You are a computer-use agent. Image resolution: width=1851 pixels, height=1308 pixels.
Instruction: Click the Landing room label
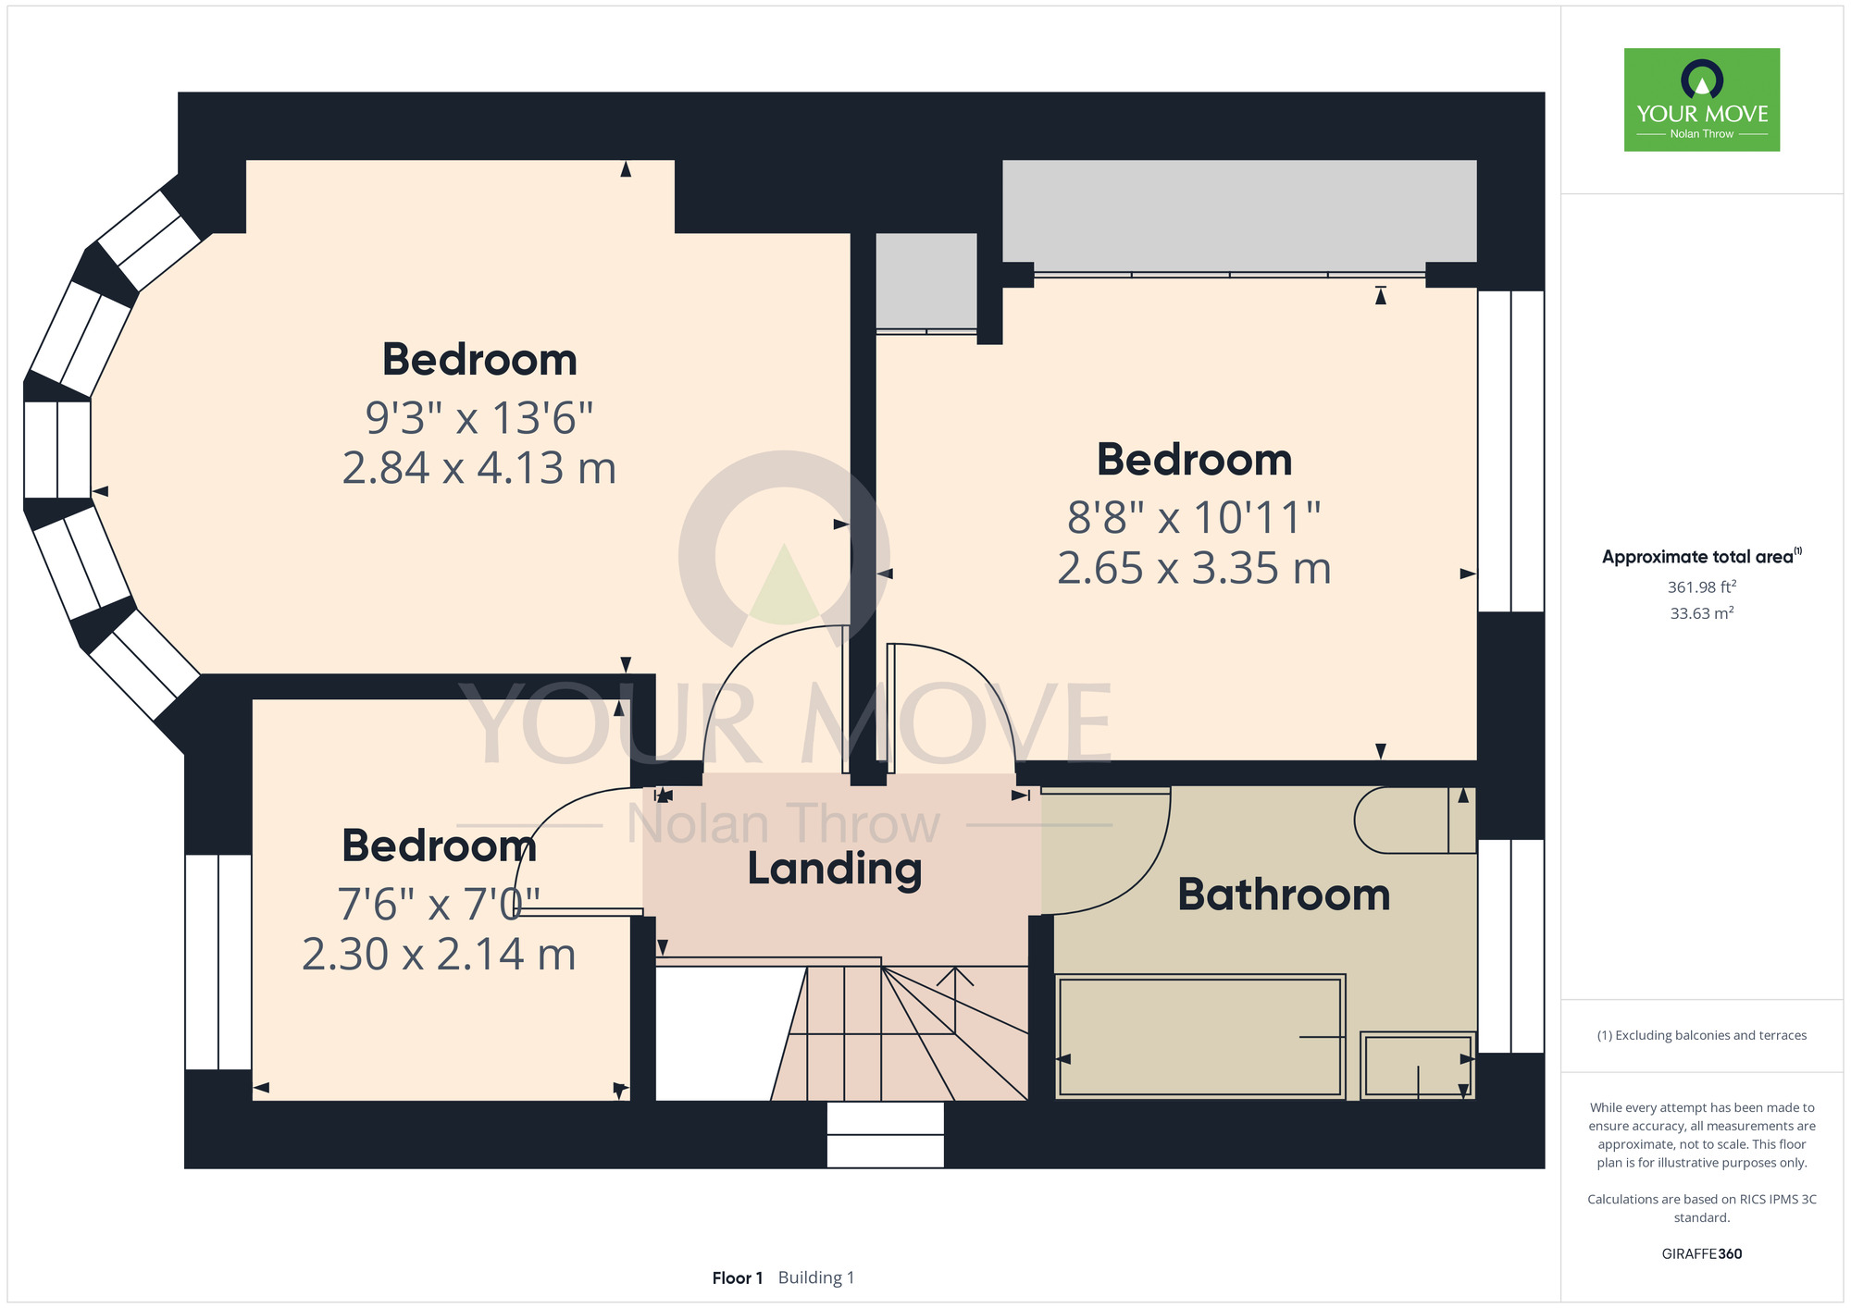click(834, 870)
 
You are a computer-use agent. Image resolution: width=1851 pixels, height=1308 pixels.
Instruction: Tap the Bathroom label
click(1284, 895)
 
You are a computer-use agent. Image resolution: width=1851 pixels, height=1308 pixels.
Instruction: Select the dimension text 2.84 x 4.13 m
click(479, 468)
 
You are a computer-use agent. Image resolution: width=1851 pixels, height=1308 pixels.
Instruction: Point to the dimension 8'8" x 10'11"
click(1194, 517)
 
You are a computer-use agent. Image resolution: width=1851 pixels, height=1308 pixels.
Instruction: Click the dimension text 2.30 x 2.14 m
click(439, 955)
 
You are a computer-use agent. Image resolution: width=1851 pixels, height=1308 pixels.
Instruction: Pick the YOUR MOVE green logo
click(1702, 100)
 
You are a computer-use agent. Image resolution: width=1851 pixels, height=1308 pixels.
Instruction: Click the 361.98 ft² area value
click(1702, 586)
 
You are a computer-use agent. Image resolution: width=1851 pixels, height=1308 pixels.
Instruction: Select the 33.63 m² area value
click(1702, 612)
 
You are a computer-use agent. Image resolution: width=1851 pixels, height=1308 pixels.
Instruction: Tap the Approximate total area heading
click(1702, 556)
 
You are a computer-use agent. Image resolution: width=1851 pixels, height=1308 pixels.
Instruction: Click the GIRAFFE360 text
click(1702, 1254)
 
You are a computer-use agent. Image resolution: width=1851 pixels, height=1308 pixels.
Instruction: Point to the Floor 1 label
click(738, 1277)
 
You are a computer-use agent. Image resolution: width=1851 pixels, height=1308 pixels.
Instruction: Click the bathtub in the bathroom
click(1200, 1036)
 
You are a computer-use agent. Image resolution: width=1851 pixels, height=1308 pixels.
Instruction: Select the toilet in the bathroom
click(1414, 820)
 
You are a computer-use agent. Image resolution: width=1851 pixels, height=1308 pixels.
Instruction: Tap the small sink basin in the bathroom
click(1418, 1066)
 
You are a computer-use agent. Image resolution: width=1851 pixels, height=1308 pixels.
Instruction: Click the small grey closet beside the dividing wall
click(926, 280)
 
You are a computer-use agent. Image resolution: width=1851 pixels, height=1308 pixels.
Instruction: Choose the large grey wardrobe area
click(1239, 211)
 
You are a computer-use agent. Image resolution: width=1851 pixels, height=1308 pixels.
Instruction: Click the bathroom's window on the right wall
click(1511, 945)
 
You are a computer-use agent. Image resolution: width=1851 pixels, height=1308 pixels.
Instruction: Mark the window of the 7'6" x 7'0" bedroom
click(218, 962)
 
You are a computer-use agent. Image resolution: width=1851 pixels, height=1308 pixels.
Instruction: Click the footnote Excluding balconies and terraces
click(1702, 1035)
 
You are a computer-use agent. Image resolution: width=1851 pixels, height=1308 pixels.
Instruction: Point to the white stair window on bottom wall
click(885, 1134)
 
